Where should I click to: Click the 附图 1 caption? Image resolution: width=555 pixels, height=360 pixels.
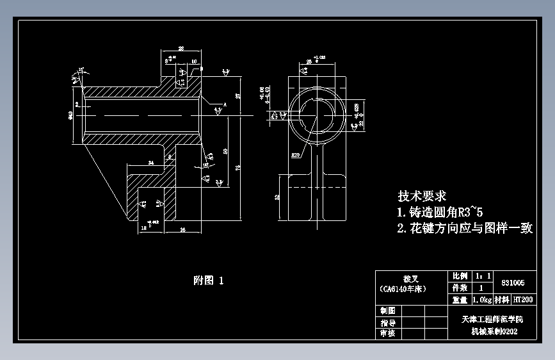pos(209,281)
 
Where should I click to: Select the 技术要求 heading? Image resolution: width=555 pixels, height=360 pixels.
pos(421,196)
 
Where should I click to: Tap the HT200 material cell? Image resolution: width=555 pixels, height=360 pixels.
pos(523,299)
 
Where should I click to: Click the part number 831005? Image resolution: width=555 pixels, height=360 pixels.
pos(513,282)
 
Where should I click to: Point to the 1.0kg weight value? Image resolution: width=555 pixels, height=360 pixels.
pos(481,299)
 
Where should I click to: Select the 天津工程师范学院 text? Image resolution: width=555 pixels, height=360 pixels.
pos(492,319)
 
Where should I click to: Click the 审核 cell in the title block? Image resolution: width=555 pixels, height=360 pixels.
pos(388,333)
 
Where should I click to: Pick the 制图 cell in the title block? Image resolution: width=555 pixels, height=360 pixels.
pos(388,311)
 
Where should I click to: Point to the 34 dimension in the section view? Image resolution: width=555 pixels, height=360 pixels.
pos(150,163)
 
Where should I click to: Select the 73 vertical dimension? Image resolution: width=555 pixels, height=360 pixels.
pos(237,168)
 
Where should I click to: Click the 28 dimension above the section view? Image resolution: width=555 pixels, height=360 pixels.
pos(181,48)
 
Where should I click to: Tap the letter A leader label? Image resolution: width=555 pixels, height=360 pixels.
pos(225,103)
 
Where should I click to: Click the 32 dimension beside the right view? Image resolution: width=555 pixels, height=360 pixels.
pos(277,197)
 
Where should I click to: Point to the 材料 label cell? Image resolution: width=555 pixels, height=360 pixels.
pos(501,299)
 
